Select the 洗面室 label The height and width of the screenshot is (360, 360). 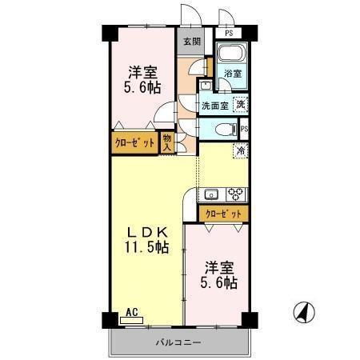tap(214, 105)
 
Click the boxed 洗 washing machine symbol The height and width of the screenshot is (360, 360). tap(241, 103)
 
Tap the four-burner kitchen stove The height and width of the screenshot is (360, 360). tap(236, 194)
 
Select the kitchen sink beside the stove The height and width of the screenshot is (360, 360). tap(212, 194)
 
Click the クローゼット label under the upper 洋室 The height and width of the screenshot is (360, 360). tap(134, 143)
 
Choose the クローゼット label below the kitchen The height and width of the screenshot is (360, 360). tap(223, 214)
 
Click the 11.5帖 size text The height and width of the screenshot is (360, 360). tap(146, 248)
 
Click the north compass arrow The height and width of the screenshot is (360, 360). tap(305, 311)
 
